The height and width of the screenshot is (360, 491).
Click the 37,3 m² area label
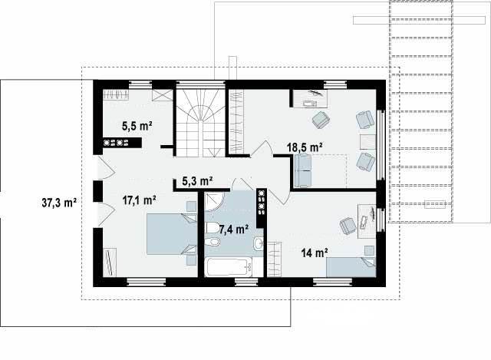point(59,203)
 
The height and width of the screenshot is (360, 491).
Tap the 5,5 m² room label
point(137,126)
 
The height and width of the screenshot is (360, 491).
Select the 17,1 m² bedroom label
point(139,200)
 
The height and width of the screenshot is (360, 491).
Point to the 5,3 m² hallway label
point(197,181)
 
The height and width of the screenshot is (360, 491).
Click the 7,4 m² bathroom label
point(234,230)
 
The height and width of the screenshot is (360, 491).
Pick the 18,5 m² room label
point(305,147)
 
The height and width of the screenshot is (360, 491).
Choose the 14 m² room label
point(315,253)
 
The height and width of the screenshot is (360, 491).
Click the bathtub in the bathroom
point(229,267)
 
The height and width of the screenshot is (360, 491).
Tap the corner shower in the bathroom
point(214,202)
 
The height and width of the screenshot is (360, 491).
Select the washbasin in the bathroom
point(259,243)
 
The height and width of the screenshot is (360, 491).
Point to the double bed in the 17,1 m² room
point(172,234)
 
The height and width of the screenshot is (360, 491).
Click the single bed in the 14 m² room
point(351,267)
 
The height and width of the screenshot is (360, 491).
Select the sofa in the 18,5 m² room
point(303,171)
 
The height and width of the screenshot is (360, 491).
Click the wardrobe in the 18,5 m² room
point(236,122)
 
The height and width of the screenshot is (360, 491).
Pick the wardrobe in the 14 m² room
point(275,259)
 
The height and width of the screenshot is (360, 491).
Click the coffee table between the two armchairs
point(367,142)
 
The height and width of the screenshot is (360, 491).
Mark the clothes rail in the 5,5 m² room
point(116,94)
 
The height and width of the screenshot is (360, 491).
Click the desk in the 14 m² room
point(367,221)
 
